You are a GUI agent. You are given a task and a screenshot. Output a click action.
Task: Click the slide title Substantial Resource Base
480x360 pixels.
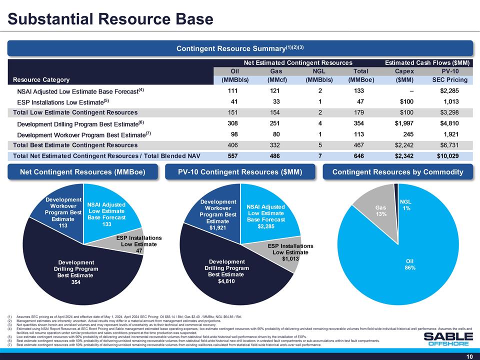(x=110, y=19)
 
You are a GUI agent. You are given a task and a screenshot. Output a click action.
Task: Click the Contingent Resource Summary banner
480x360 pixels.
(x=240, y=48)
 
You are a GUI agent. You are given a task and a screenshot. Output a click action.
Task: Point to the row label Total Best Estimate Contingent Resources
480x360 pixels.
(x=75, y=145)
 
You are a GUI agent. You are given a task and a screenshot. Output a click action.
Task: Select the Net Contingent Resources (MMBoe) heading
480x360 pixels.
(x=82, y=172)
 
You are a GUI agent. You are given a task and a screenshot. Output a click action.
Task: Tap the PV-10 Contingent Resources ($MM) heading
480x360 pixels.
(x=240, y=172)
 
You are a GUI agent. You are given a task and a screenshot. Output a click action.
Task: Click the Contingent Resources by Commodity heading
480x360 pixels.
(x=398, y=172)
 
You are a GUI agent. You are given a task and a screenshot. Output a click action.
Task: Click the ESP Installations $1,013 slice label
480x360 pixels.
(x=290, y=252)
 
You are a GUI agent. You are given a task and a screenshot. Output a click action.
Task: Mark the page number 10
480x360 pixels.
(x=469, y=356)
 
